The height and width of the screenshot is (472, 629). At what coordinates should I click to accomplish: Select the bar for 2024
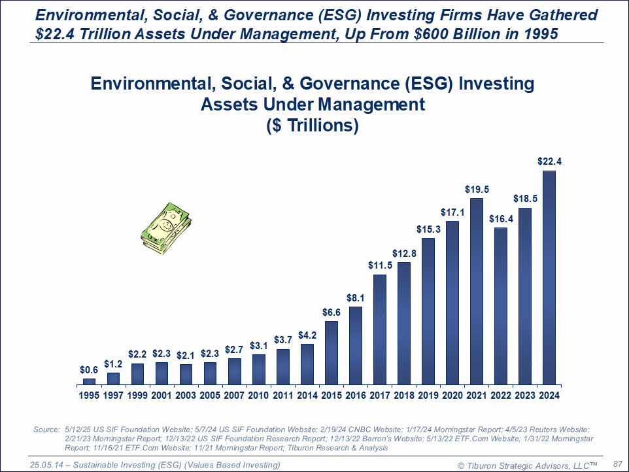[549, 278]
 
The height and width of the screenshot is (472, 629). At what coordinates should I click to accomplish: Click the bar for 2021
[477, 292]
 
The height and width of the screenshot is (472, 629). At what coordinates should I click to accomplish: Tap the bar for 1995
[90, 381]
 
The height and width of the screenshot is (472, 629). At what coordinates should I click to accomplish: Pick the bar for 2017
[380, 329]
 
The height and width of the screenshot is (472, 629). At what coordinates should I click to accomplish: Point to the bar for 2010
[259, 369]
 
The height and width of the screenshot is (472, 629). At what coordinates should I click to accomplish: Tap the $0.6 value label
[90, 370]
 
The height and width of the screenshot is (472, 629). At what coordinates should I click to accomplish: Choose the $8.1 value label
[356, 298]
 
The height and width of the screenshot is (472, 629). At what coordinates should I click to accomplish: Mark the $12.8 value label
[404, 253]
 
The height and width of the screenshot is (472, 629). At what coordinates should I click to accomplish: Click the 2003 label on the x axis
[186, 395]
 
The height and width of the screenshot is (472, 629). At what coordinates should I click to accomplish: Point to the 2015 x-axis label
[331, 395]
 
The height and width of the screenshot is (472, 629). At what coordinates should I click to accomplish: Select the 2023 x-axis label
[525, 395]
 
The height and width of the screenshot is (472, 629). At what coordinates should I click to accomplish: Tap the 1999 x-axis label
[137, 395]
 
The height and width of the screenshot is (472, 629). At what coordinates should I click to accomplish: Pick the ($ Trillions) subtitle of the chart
[313, 126]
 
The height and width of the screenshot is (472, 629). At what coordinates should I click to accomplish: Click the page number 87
[617, 463]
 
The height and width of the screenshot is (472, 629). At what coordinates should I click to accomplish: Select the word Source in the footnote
[46, 429]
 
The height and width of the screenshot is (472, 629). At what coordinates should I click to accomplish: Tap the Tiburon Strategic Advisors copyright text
[528, 465]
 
